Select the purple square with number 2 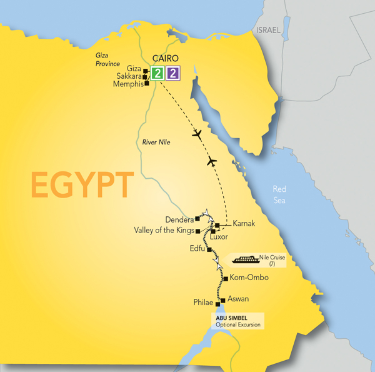pyautogui.click(x=173, y=73)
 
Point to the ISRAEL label pyautogui.click(x=269, y=30)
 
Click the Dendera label pyautogui.click(x=178, y=219)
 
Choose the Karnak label pyautogui.click(x=244, y=223)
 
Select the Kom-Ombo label pyautogui.click(x=249, y=277)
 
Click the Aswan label pyautogui.click(x=239, y=299)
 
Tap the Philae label pyautogui.click(x=204, y=303)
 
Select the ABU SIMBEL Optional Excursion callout pyautogui.click(x=237, y=321)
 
